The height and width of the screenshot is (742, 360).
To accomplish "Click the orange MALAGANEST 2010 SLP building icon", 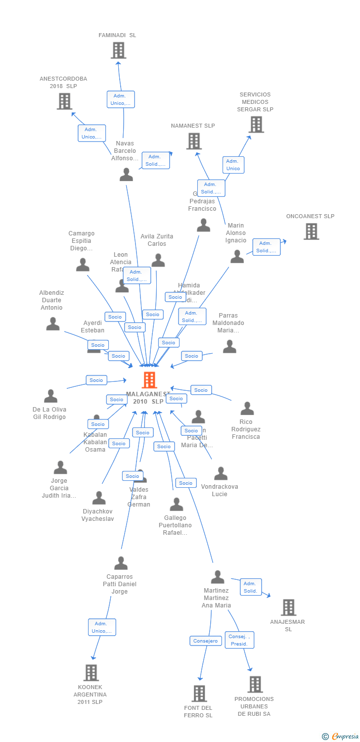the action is tap(149, 380).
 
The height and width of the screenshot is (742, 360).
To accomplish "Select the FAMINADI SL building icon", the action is tap(118, 50).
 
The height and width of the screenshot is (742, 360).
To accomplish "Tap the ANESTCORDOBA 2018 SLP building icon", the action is tap(64, 101).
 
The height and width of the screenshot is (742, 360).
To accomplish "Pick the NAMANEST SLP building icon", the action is tap(194, 141).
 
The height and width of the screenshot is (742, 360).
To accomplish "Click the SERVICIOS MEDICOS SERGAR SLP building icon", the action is tap(256, 125).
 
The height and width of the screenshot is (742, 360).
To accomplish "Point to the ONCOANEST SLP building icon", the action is tap(311, 231).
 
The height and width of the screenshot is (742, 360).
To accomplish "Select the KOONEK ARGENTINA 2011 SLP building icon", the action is tap(91, 673).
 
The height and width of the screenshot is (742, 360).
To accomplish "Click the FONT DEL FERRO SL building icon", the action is tap(199, 694).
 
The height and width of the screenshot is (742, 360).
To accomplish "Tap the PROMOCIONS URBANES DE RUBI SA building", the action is tap(255, 685).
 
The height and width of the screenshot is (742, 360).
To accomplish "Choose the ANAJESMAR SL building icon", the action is tap(288, 607).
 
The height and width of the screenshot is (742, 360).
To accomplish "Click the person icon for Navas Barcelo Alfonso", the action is tap(126, 175).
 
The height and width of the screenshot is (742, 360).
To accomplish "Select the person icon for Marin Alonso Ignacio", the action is tap(237, 257).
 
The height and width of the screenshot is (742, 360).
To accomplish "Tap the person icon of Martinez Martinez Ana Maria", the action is tap(218, 577).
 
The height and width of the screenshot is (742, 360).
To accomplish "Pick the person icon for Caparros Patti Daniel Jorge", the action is tap(121, 563).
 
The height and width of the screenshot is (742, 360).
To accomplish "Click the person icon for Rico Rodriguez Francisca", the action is tap(247, 409).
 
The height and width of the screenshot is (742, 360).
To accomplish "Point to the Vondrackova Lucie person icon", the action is tap(221, 473).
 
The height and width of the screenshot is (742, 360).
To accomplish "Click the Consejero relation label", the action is tap(205, 641).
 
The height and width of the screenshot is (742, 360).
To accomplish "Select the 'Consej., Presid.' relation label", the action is tap(240, 640).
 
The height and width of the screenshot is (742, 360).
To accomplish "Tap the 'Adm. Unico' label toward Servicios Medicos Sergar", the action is tap(233, 165).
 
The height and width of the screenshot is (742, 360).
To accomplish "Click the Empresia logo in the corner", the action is tap(341, 737).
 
